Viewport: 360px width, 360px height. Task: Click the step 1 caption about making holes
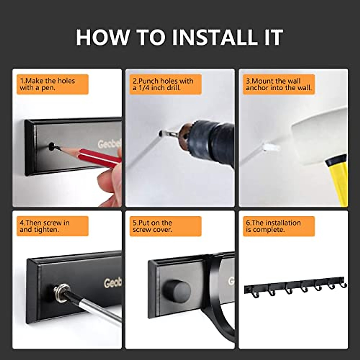(47, 84)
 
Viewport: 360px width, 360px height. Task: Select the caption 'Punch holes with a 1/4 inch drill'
(163, 84)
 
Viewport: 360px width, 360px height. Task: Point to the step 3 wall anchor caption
(279, 84)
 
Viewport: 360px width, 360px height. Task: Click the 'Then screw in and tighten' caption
(45, 226)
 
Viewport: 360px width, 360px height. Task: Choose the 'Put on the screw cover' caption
(152, 226)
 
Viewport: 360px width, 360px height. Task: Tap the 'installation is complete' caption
(273, 226)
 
